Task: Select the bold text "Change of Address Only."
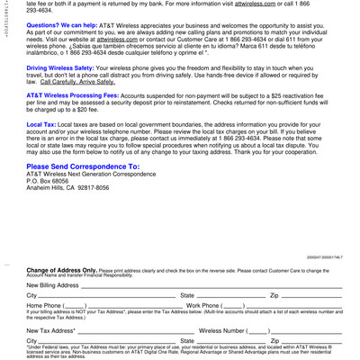click(x=61, y=270)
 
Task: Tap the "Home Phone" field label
click(x=43, y=306)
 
